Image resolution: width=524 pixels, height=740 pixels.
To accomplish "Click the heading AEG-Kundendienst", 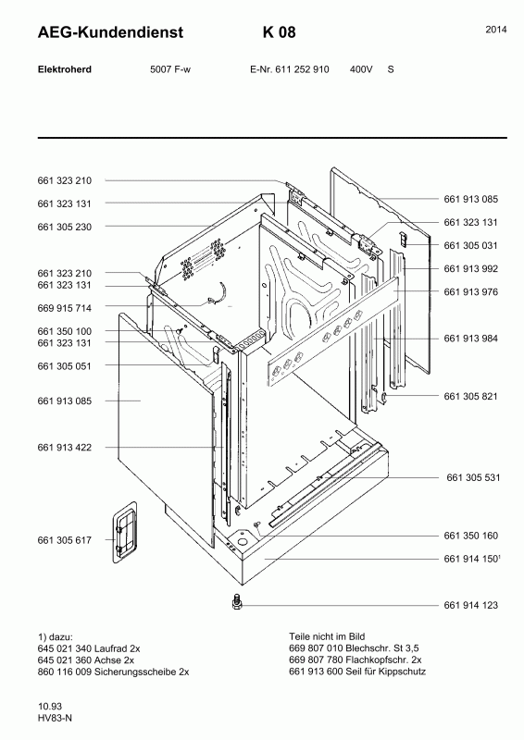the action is coord(110,32).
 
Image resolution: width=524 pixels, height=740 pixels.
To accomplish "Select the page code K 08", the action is coord(280,32).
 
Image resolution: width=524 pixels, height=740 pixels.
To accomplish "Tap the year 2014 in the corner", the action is coord(496,30).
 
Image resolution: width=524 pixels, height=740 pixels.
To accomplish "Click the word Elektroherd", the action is coord(64,69).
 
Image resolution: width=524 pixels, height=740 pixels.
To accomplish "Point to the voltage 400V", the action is coord(361,69).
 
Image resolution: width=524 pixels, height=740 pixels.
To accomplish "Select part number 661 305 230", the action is coord(64,227).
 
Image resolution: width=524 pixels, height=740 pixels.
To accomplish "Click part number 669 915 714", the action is coord(64,308).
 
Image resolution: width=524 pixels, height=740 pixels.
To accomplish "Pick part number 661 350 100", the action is coord(64,331).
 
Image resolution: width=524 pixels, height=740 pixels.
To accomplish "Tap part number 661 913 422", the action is coord(64,448).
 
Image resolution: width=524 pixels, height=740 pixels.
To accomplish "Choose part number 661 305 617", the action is coord(64,540).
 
